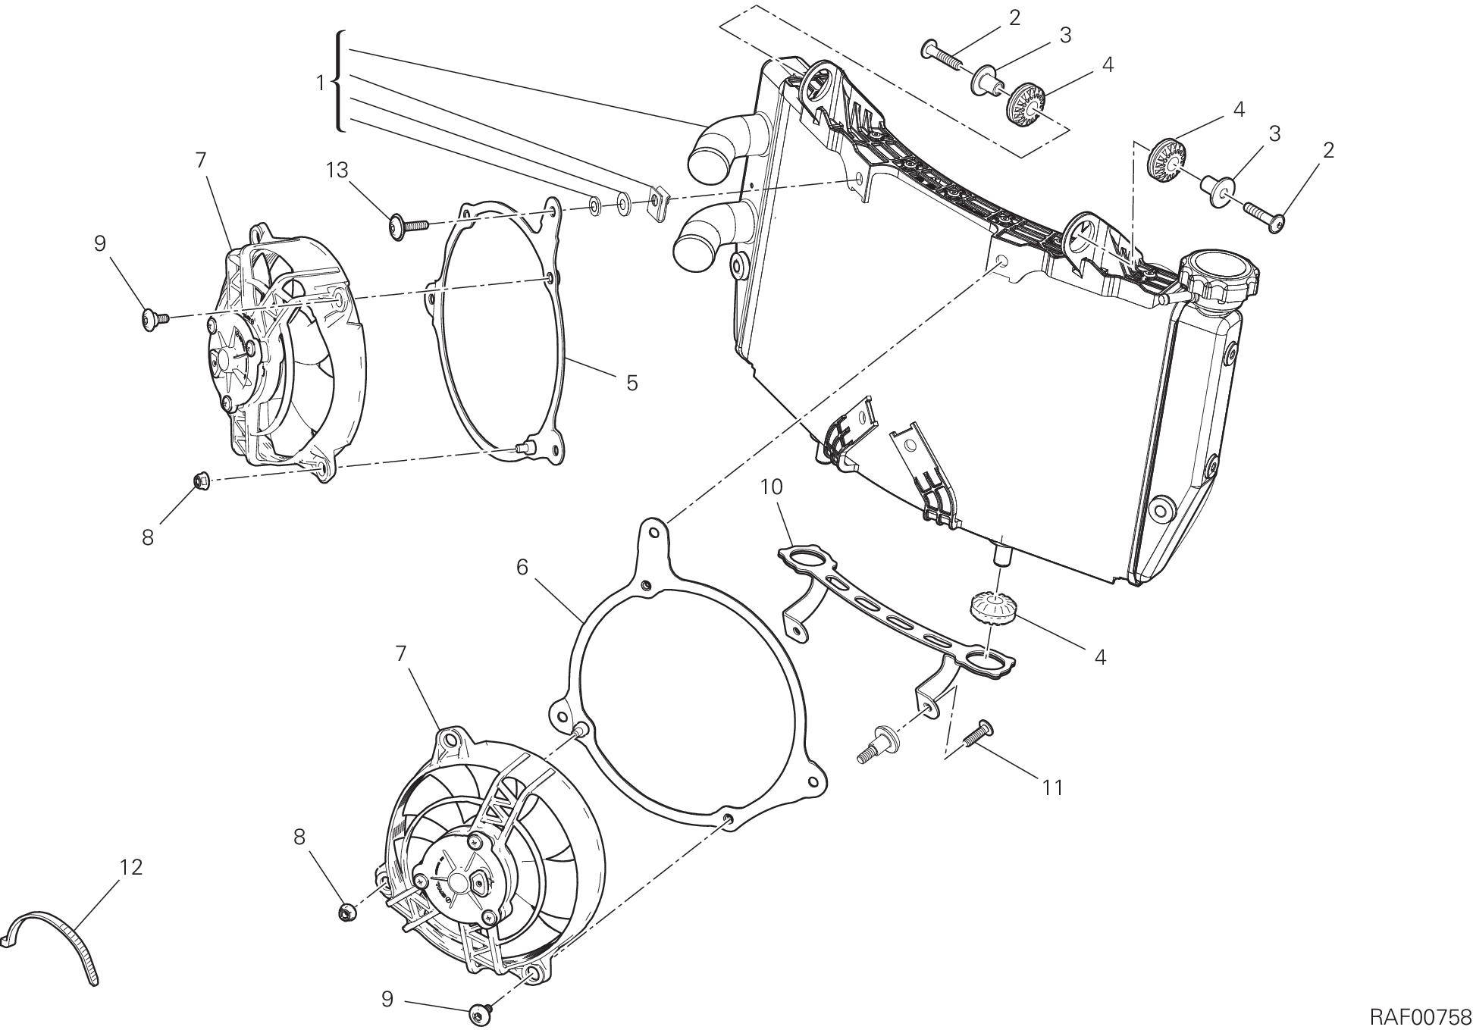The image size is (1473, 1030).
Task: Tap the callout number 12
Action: tap(131, 867)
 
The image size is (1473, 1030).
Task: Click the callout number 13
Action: tap(337, 171)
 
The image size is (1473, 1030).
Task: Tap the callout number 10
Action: tap(771, 487)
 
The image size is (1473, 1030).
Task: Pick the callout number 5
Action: tap(632, 384)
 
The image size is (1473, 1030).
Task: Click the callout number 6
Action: tap(522, 567)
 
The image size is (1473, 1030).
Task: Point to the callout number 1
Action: tap(320, 83)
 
